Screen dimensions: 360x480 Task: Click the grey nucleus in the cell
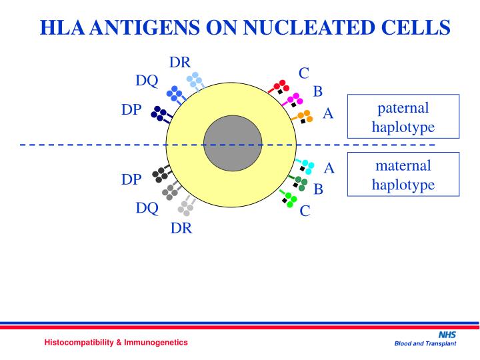(233, 143)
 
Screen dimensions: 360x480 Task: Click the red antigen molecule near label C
(280, 87)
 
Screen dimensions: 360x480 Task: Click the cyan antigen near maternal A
(306, 165)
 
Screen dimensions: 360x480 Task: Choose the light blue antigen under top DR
(195, 81)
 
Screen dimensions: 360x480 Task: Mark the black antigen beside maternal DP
(161, 174)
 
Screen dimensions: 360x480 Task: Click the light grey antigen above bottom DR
(187, 207)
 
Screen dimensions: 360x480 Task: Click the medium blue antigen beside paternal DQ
(175, 94)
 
